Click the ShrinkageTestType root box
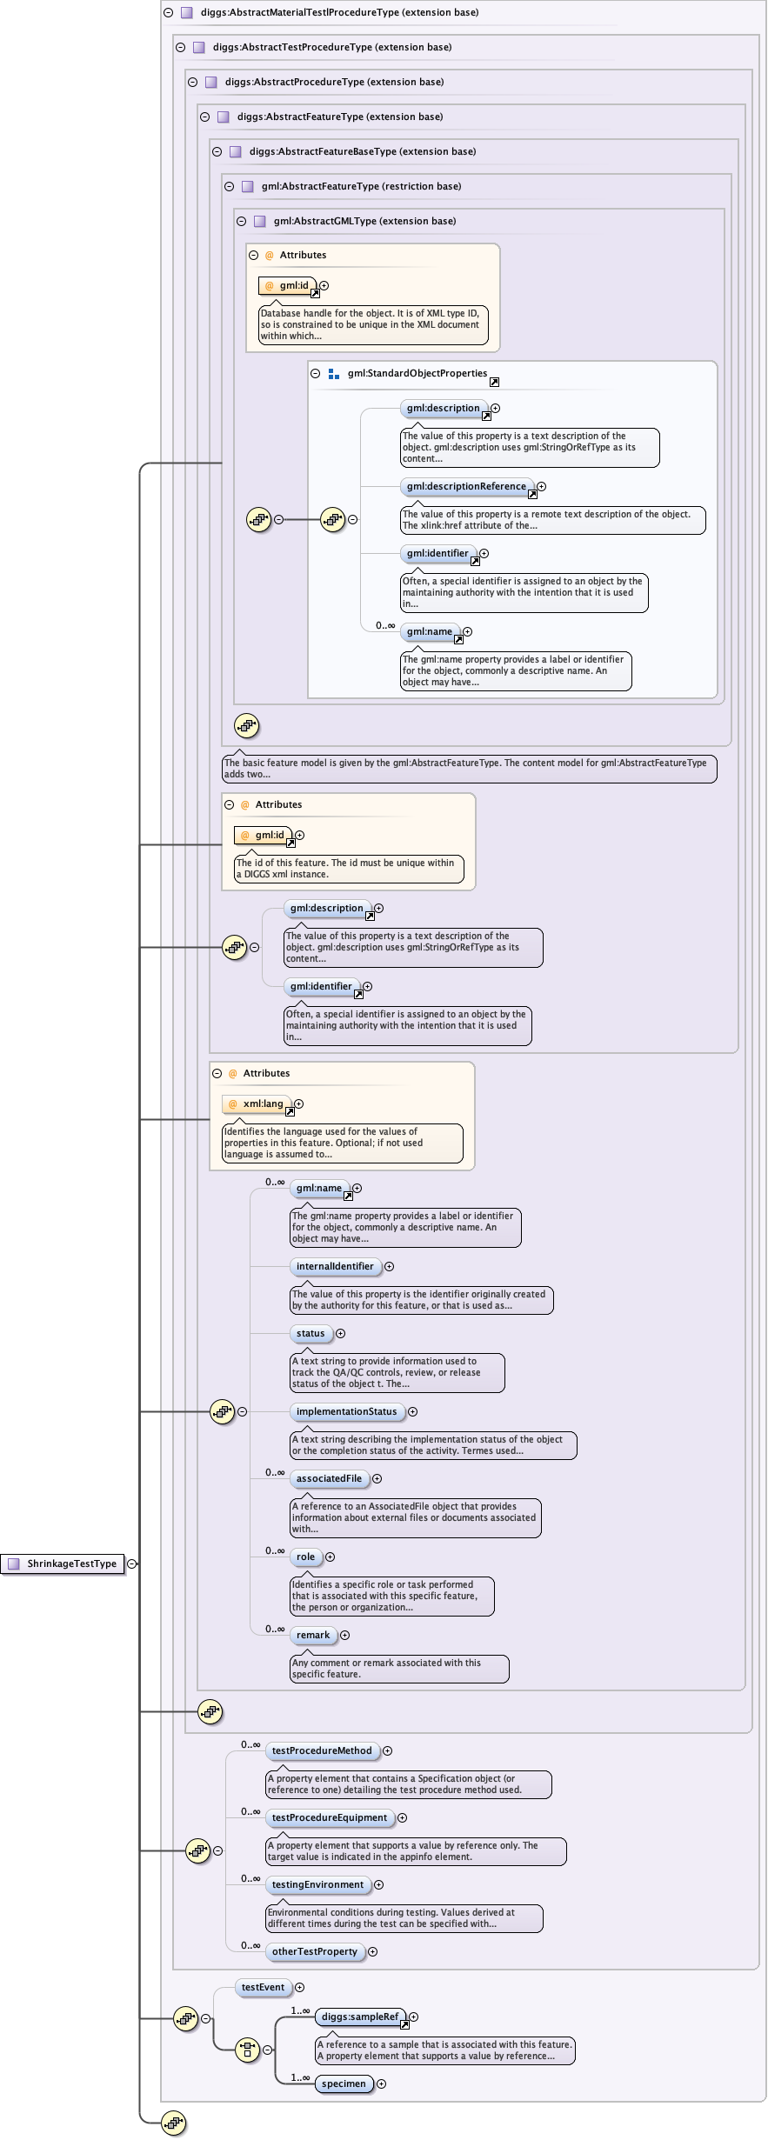(63, 1563)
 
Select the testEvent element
(263, 1987)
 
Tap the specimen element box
(344, 2083)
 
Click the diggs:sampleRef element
(360, 2017)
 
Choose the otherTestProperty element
(314, 1951)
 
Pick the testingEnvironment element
(317, 1884)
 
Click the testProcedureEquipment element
(329, 1817)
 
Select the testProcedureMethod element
(321, 1750)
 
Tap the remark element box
(313, 1635)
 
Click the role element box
(305, 1557)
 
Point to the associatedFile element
(329, 1478)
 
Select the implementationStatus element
(346, 1411)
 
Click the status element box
(311, 1333)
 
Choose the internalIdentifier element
(335, 1266)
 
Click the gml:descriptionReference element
(466, 486)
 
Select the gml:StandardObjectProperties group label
(417, 373)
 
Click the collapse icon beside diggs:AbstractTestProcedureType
(181, 48)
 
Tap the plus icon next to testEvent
(299, 1987)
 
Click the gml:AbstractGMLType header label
(364, 221)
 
